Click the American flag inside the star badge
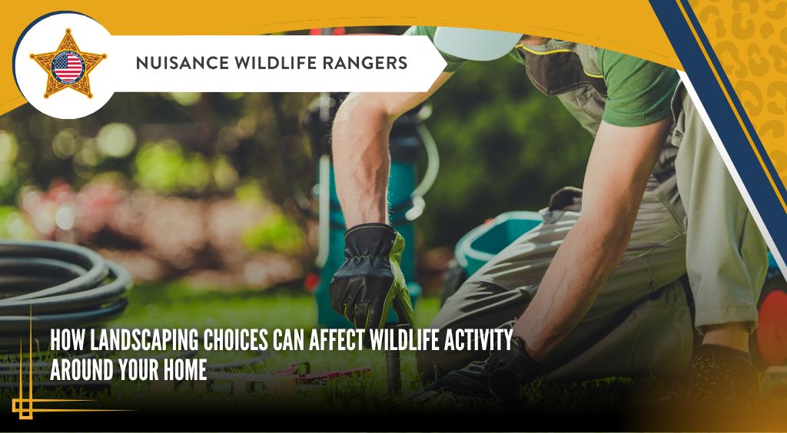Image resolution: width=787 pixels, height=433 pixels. pos(68,68)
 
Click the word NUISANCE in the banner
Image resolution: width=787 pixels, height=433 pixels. pos(174,63)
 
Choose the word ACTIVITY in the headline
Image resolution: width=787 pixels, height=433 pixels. pos(478,341)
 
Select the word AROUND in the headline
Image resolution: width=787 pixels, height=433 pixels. pos(81,370)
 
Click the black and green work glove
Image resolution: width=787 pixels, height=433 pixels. pos(371,276)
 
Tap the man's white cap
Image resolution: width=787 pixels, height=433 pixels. pos(476,42)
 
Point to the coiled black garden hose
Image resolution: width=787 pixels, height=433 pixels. pos(60,286)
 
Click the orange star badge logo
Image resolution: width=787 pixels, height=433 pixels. pos(68,64)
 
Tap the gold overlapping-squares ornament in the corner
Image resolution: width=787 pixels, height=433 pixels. pos(22,407)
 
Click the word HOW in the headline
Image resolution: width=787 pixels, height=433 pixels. pos(68,341)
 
